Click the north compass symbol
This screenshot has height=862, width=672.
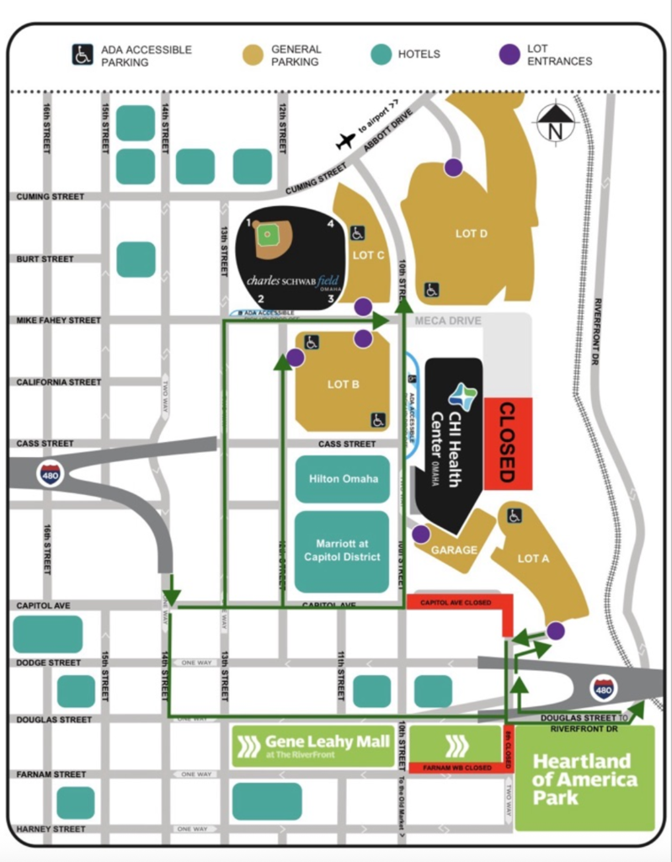pyautogui.click(x=555, y=124)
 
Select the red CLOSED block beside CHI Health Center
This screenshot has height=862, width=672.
pyautogui.click(x=507, y=441)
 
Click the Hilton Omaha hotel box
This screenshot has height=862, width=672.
pyautogui.click(x=343, y=478)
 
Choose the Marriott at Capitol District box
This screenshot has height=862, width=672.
pyautogui.click(x=342, y=551)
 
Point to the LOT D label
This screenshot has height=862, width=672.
pyautogui.click(x=472, y=233)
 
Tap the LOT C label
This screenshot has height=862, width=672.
pyautogui.click(x=369, y=254)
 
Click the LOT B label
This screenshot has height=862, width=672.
pyautogui.click(x=344, y=384)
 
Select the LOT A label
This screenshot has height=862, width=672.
pyautogui.click(x=534, y=557)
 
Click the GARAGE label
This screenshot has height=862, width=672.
pyautogui.click(x=455, y=550)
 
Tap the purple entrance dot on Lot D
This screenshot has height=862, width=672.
pyautogui.click(x=453, y=167)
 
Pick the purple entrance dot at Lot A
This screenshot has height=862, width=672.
pyautogui.click(x=555, y=630)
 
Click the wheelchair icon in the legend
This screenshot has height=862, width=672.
pyautogui.click(x=82, y=55)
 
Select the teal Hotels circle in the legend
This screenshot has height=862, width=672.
pyautogui.click(x=381, y=55)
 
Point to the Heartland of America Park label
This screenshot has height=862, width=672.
pyautogui.click(x=584, y=779)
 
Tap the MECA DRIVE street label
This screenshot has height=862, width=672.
pyautogui.click(x=448, y=321)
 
